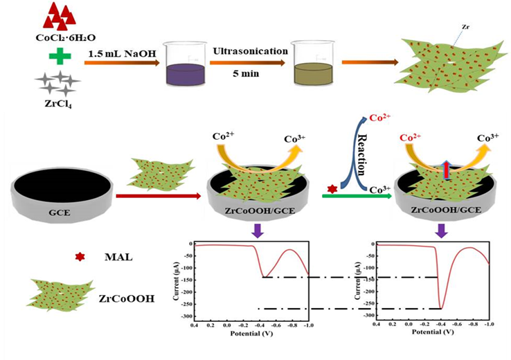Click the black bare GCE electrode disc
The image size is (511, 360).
click(62, 188)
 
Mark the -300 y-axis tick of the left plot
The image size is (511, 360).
click(186, 316)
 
